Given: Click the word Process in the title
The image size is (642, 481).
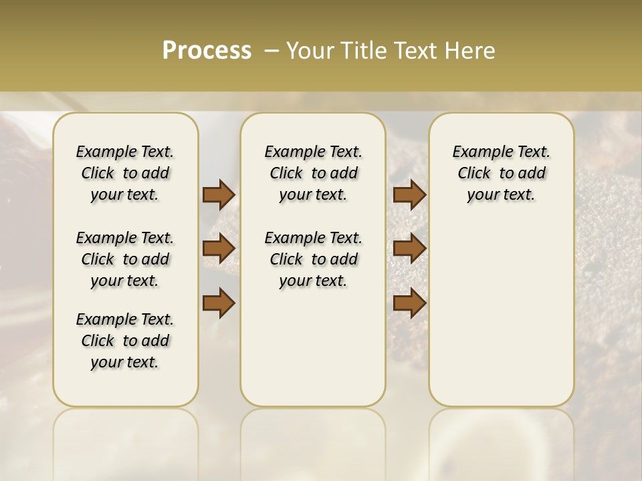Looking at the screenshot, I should click(207, 51).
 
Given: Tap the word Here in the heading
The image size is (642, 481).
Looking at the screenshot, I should click(471, 51).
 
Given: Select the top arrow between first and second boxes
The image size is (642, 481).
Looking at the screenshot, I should click(219, 194).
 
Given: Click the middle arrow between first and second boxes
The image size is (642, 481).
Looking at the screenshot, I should click(219, 249).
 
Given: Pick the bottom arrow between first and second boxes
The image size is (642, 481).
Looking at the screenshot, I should click(219, 303).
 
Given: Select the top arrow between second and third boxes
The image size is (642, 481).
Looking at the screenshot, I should click(409, 194).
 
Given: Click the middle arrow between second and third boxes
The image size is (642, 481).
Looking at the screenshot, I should click(409, 249).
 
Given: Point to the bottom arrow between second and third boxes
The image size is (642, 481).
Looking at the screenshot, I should click(409, 303).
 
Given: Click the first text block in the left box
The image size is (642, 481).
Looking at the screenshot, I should click(125, 173).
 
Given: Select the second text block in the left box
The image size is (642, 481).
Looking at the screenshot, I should click(125, 259).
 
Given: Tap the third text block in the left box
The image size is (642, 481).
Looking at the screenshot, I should click(125, 341).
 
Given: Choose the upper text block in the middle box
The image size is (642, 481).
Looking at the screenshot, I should click(313, 173).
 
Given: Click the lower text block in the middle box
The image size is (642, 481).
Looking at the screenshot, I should click(313, 259).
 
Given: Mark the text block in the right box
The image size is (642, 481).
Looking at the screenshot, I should click(501, 173).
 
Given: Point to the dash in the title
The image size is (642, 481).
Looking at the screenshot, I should click(272, 51).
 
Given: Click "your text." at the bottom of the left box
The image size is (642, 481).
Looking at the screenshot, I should click(125, 362).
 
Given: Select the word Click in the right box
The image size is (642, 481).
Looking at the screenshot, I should click(474, 174).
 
